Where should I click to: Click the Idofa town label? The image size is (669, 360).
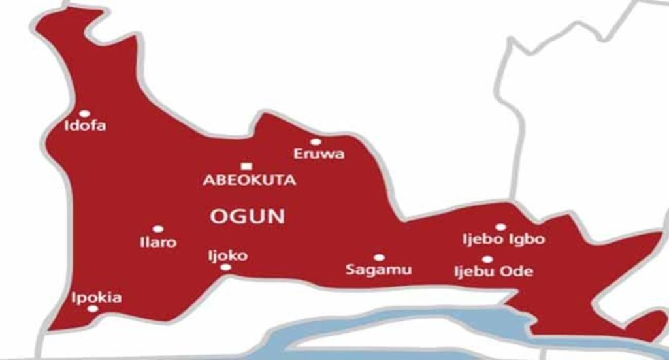tap(85, 126)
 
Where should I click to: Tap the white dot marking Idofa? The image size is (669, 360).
tap(84, 114)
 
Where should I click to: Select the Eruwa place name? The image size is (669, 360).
tap(319, 155)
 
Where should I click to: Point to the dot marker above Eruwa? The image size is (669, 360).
tap(316, 142)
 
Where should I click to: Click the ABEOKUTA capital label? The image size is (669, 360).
tap(249, 180)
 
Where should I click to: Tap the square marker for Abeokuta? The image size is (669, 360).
tap(246, 167)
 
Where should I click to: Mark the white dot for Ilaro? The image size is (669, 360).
tap(157, 229)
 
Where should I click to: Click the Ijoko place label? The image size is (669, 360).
tap(227, 255)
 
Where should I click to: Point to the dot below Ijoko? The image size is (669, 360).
tap(225, 267)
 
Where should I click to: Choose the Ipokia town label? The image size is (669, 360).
tap(97, 298)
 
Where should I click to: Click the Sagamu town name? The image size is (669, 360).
tap(379, 270)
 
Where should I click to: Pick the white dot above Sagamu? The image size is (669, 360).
tap(378, 257)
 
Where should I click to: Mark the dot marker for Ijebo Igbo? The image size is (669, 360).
tap(500, 227)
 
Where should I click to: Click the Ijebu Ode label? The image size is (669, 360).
tap(493, 271)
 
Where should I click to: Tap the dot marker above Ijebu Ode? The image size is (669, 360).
tap(487, 259)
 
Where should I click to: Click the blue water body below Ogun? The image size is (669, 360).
tap(392, 330)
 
